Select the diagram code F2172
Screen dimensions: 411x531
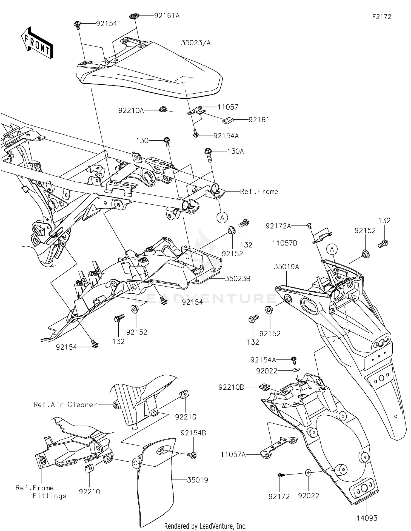pos(381,17)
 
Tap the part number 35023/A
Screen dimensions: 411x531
pos(196,43)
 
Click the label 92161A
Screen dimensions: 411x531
pos(167,16)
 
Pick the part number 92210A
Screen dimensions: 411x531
pos(131,110)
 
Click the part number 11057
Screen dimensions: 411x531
pos(228,107)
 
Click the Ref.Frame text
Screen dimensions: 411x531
pos(259,192)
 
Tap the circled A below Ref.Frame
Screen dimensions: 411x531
pos(222,218)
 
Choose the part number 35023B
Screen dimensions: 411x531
pos(238,279)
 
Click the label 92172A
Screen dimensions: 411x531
pos(278,226)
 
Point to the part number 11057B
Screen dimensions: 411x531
pos(285,243)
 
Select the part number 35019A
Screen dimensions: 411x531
pos(287,267)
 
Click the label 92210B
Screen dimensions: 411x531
pos(231,387)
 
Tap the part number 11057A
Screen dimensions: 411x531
pos(233,455)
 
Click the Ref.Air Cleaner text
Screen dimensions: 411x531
pos(65,404)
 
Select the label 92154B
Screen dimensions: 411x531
pos(193,433)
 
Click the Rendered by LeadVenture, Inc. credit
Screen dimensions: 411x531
pos(205,526)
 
